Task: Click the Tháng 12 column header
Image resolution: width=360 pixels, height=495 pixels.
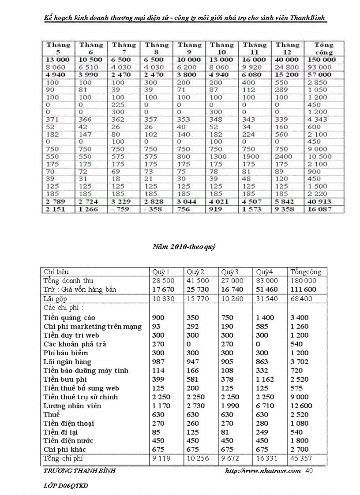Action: pyautogui.click(x=287, y=48)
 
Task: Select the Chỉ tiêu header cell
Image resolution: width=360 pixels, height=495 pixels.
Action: pyautogui.click(x=56, y=272)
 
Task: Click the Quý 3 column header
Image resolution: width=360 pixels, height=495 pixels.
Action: pyautogui.click(x=230, y=272)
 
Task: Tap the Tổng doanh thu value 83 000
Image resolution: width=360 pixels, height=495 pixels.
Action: pyautogui.click(x=267, y=281)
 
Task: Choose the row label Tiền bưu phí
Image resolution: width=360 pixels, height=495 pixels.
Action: pyautogui.click(x=65, y=379)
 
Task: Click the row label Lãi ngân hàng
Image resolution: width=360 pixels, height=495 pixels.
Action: pyautogui.click(x=67, y=361)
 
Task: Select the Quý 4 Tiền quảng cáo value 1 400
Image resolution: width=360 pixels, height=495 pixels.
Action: pyautogui.click(x=265, y=317)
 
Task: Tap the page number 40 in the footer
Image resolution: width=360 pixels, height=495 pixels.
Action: pyautogui.click(x=309, y=471)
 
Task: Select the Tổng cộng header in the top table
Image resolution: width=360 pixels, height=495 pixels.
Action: pyautogui.click(x=324, y=48)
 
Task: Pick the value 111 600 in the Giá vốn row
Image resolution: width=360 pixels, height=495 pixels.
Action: pyautogui.click(x=302, y=289)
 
